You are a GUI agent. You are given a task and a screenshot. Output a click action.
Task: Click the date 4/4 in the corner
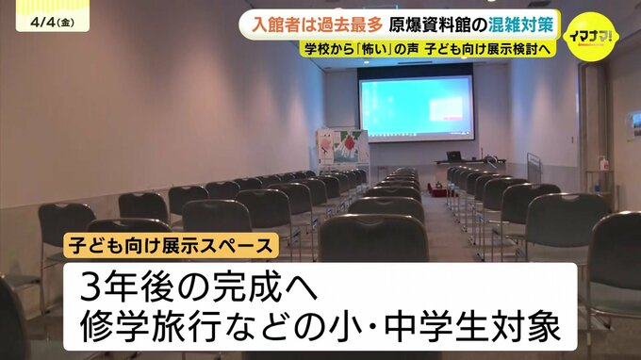click(42, 22)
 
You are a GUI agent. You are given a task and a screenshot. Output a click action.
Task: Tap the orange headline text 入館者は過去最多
click(317, 25)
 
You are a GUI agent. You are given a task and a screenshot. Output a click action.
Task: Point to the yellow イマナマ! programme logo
click(591, 37)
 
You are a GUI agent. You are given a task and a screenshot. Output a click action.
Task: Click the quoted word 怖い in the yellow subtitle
click(379, 49)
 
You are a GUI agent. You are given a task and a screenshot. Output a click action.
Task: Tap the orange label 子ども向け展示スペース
click(171, 246)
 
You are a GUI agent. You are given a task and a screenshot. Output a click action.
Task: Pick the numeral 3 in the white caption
click(90, 286)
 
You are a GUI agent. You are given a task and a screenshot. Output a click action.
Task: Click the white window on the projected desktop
click(447, 108)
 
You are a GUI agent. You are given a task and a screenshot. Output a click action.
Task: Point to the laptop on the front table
click(453, 156)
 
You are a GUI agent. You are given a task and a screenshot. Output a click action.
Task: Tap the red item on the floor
click(436, 188)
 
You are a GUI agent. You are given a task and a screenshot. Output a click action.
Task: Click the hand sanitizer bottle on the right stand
click(603, 163)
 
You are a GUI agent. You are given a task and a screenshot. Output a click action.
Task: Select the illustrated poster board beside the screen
click(342, 146)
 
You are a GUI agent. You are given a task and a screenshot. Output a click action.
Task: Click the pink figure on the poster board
click(327, 145)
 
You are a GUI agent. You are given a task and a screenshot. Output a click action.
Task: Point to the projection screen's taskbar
click(417, 134)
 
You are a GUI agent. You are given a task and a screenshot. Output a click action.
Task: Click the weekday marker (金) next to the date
click(65, 23)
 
